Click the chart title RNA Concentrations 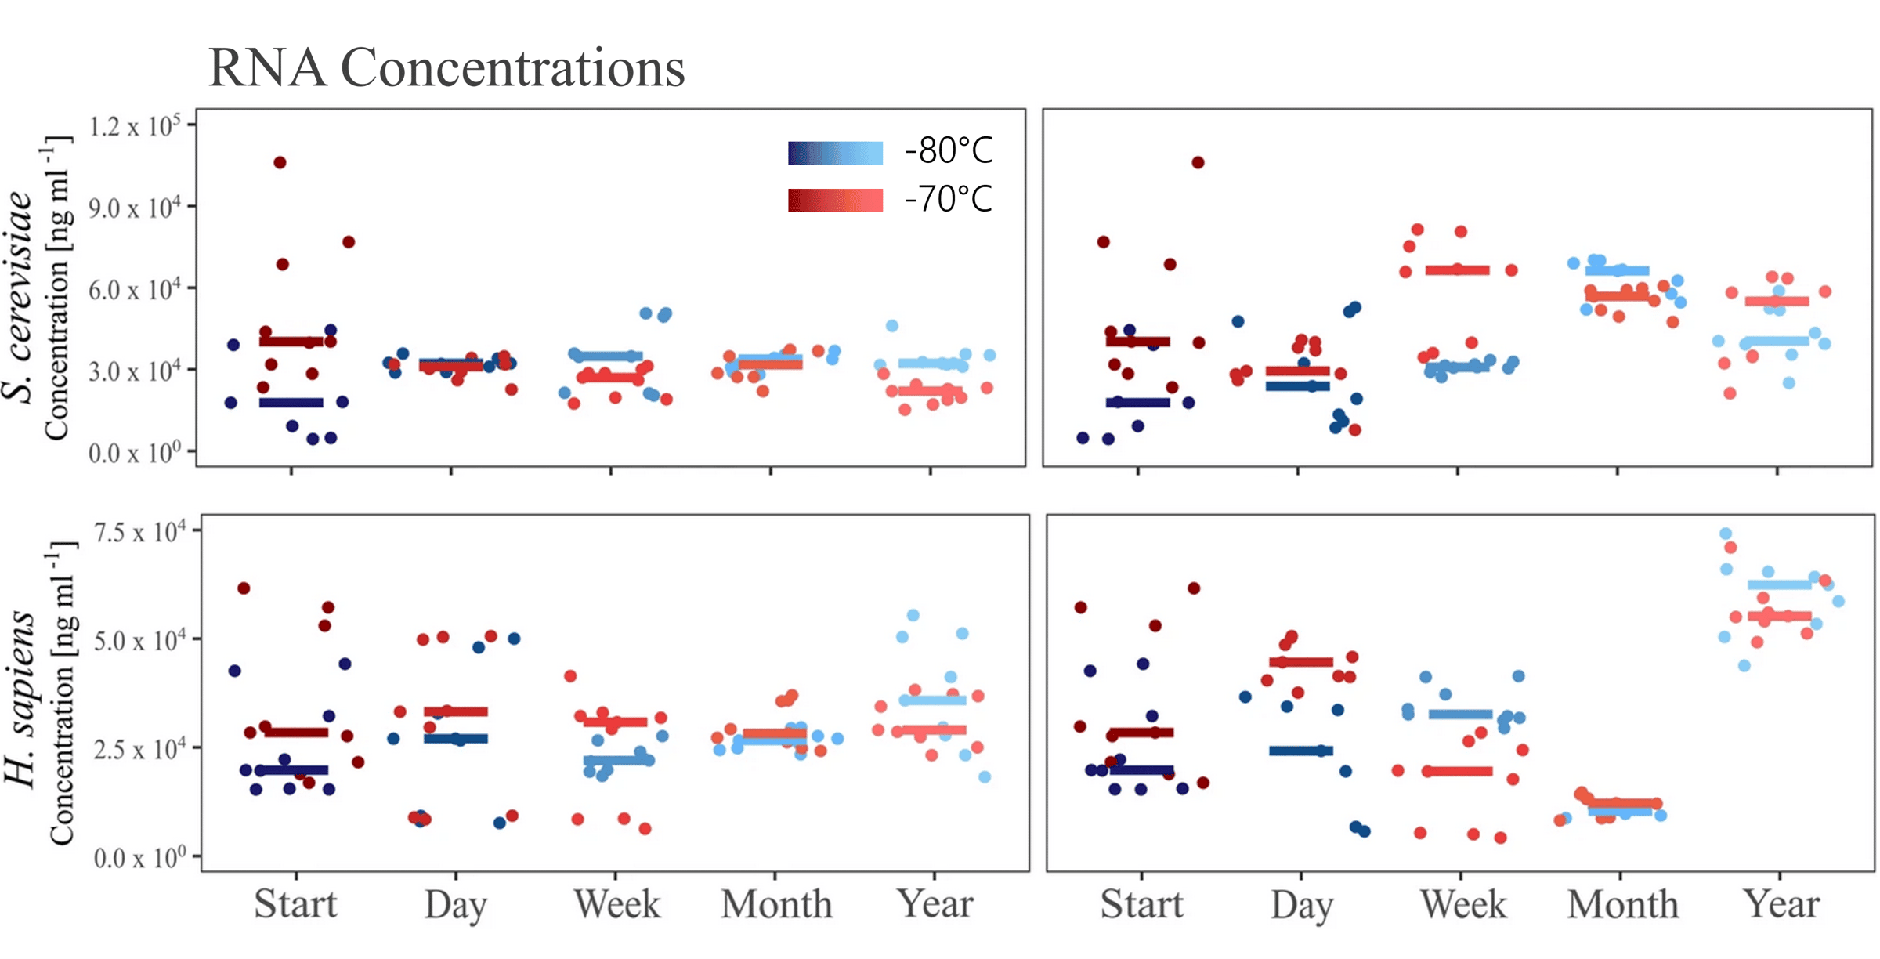click(446, 67)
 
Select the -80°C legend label click(949, 150)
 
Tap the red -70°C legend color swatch click(835, 200)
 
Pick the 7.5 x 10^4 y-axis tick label click(140, 533)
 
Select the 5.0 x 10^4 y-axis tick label click(140, 641)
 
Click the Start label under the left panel click(295, 904)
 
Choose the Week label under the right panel click(1462, 905)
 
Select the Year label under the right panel click(1781, 904)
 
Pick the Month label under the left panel click(776, 904)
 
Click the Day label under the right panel click(1301, 906)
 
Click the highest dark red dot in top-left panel click(280, 163)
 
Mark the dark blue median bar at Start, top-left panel click(291, 403)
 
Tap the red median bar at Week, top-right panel click(1457, 270)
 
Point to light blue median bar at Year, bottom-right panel click(1780, 584)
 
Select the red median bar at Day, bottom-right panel click(1301, 662)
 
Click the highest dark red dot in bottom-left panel click(244, 588)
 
